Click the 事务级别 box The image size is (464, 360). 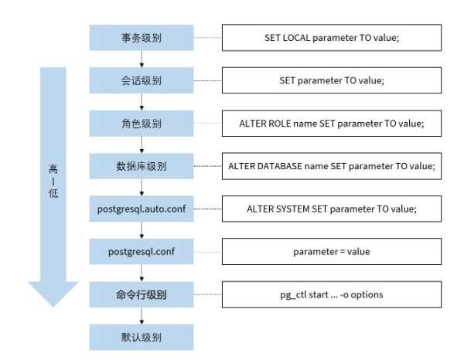[140, 37]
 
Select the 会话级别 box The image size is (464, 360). [140, 80]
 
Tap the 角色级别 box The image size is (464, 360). [140, 123]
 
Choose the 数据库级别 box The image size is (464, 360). [140, 165]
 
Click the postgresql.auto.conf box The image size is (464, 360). [140, 209]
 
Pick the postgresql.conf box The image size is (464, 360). [140, 251]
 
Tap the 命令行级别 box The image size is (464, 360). [140, 294]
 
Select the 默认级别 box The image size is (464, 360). [140, 337]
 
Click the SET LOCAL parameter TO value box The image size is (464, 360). [332, 37]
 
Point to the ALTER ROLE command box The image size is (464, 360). [332, 123]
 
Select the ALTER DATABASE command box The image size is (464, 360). [332, 165]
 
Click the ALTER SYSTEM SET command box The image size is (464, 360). [332, 209]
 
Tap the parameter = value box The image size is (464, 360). [332, 251]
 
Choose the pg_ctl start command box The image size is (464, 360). [332, 294]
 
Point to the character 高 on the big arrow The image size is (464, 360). [53, 168]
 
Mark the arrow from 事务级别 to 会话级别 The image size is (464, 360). [140, 59]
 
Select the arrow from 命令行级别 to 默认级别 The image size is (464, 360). [140, 315]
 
